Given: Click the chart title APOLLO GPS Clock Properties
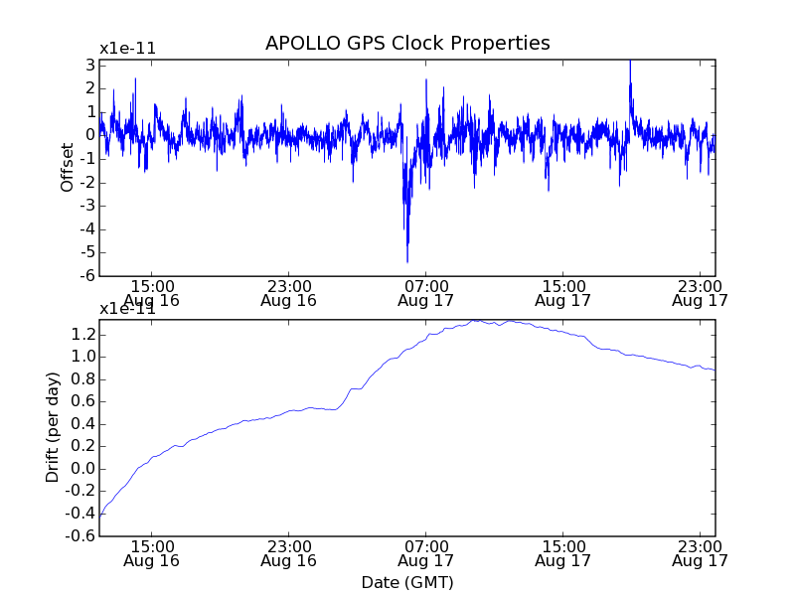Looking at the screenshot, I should coord(407,44).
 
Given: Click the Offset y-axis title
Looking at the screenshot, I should coord(68,168).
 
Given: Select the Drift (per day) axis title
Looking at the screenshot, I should coord(53,427).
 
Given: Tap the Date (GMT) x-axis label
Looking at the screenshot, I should coord(407,582).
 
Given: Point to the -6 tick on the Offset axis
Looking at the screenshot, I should coord(88,276).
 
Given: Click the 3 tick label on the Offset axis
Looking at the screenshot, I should coord(90,65).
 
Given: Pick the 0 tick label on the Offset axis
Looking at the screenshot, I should coord(90,135).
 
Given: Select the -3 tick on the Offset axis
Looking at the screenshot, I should coord(88,206).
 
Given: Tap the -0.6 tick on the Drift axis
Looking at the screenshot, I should coord(79,536).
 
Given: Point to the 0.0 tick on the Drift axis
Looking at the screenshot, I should coord(81,469).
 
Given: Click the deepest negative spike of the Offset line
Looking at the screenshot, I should coord(407,261).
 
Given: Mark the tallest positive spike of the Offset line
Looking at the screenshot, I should coord(629,62).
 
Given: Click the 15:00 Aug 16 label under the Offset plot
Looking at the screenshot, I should coord(151,292).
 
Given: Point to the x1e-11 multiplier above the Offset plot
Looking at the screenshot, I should coord(127,49).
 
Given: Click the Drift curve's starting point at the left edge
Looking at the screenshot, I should coord(100,517).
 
